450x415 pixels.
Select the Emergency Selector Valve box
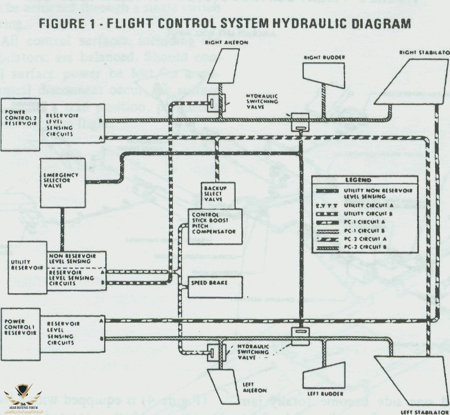click(x=63, y=182)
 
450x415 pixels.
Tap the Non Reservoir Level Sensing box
click(x=76, y=259)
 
